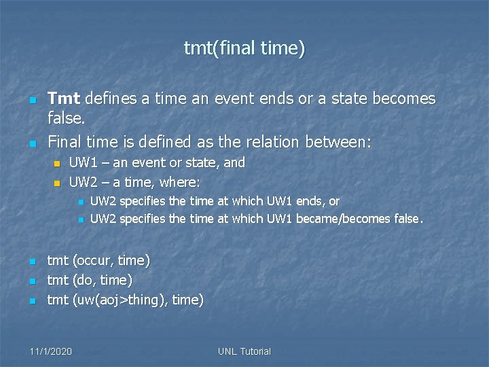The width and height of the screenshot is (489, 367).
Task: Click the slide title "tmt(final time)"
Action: (x=244, y=48)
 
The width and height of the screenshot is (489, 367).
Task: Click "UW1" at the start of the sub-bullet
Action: (x=81, y=163)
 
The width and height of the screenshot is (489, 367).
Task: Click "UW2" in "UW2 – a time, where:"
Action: (x=81, y=182)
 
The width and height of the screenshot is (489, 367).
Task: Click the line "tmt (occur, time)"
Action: (x=98, y=260)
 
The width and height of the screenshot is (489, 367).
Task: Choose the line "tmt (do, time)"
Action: (x=90, y=280)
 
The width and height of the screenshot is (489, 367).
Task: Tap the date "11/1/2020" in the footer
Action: (x=52, y=351)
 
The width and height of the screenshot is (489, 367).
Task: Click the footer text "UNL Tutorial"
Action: (x=244, y=351)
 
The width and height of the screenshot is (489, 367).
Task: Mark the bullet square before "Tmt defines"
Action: (x=32, y=100)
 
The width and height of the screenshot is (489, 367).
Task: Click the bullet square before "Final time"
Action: (x=32, y=143)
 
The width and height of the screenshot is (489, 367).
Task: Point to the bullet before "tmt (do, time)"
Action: (x=32, y=281)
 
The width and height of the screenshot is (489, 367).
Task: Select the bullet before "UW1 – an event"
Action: (x=57, y=164)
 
